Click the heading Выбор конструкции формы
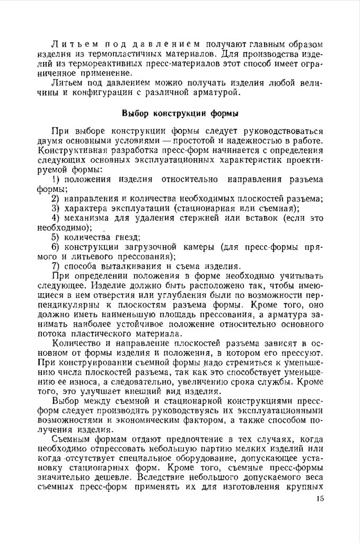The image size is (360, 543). [x=180, y=113]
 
